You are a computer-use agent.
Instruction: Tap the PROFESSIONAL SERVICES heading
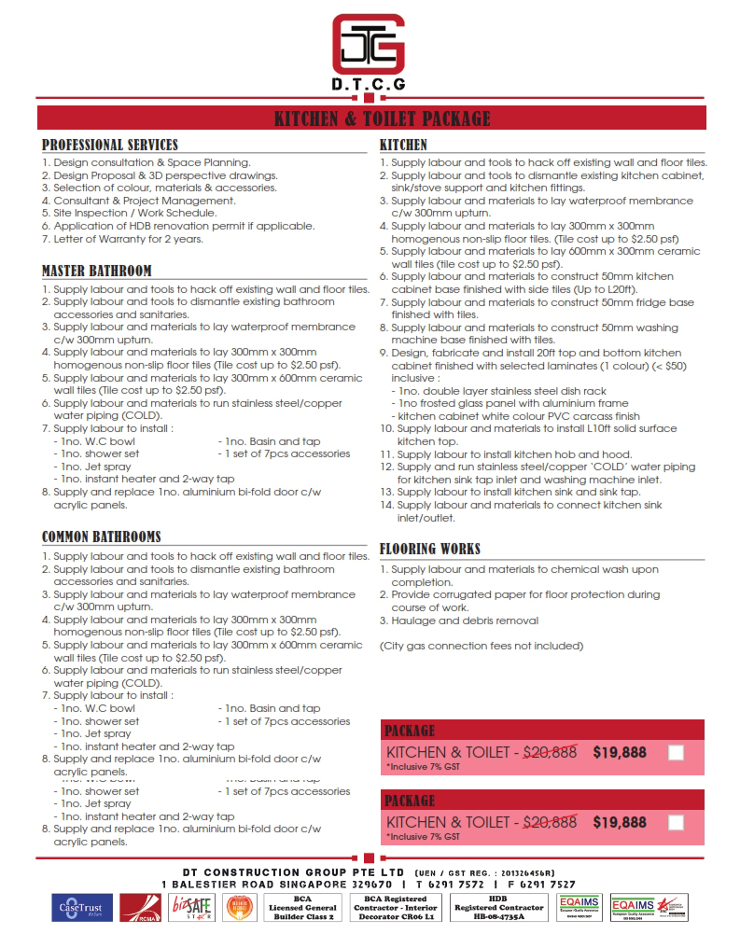click(x=110, y=146)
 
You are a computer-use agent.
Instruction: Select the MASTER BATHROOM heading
click(x=97, y=272)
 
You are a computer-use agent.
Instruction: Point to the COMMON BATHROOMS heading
click(x=102, y=537)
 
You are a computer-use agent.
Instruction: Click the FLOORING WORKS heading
click(x=430, y=549)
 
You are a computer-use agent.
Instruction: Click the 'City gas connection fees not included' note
click(x=482, y=646)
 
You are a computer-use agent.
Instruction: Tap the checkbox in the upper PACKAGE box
click(x=677, y=753)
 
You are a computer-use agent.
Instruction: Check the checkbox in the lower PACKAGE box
click(x=677, y=823)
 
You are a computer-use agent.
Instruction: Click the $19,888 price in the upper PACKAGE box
click(x=620, y=752)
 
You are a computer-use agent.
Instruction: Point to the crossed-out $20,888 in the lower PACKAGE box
click(x=550, y=822)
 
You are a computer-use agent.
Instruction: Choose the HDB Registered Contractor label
click(x=497, y=907)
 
